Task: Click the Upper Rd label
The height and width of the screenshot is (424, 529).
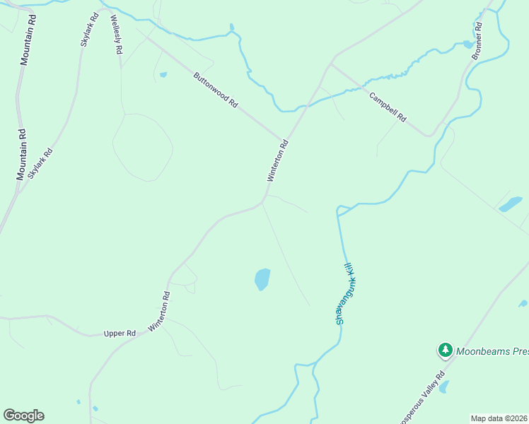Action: (x=120, y=333)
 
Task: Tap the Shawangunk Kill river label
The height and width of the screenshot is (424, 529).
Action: (x=348, y=293)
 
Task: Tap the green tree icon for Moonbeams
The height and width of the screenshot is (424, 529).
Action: (x=445, y=350)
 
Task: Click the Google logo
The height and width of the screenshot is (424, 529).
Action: (x=23, y=416)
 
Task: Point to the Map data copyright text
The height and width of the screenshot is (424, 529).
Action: (x=499, y=418)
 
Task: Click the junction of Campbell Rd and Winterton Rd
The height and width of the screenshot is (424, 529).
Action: (x=330, y=64)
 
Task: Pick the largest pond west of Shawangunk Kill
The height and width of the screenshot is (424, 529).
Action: (x=262, y=279)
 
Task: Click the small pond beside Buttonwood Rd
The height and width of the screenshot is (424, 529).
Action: (x=163, y=74)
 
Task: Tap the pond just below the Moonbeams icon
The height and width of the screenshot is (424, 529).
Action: (x=443, y=387)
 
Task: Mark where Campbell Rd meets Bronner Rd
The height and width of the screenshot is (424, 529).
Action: (x=429, y=134)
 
